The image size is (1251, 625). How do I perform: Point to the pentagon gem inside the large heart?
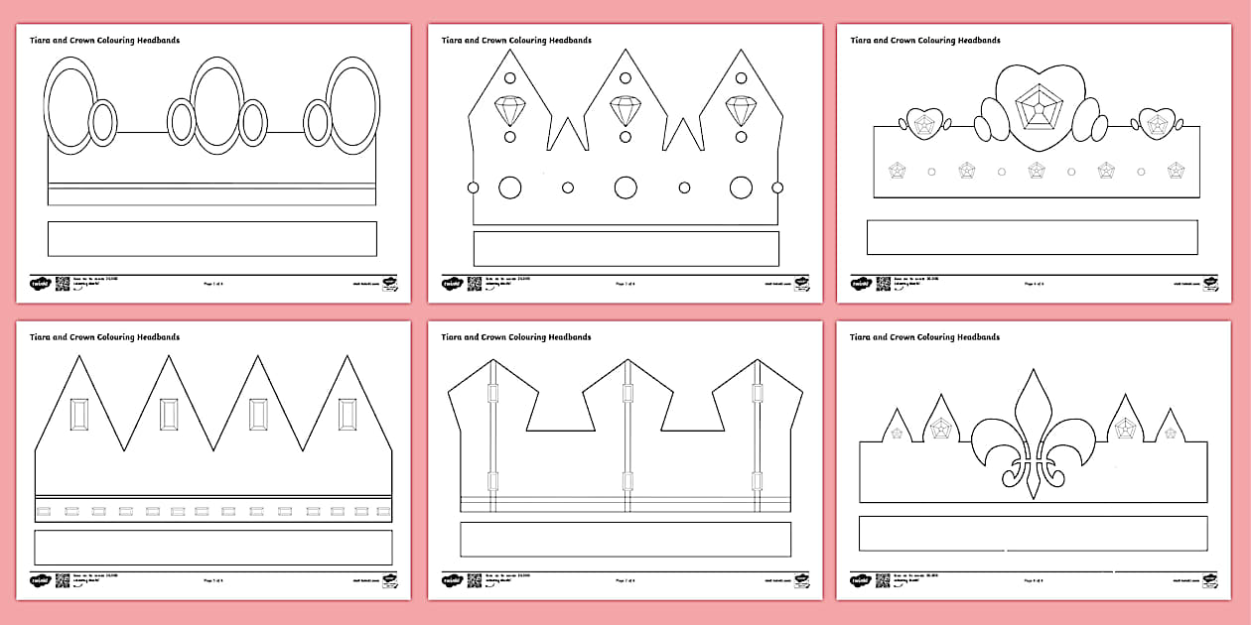click(1037, 109)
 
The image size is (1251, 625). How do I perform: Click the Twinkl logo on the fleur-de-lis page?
click(860, 579)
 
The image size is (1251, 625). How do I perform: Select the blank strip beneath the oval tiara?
click(211, 238)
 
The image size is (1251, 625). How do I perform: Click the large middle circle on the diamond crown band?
click(625, 187)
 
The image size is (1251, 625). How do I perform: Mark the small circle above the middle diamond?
click(625, 78)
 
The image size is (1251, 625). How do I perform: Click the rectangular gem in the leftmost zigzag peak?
click(79, 414)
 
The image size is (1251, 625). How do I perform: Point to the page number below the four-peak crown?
click(211, 580)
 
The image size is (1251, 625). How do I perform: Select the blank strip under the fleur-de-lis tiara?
click(1033, 533)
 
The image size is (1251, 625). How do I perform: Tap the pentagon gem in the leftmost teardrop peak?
click(897, 433)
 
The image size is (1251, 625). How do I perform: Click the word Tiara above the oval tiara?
click(43, 41)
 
